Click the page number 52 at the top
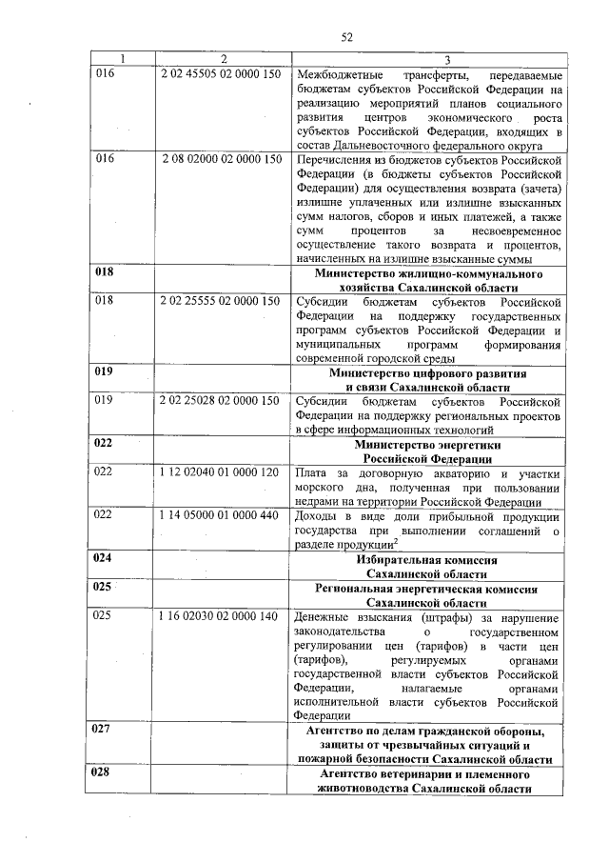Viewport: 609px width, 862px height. tap(346, 37)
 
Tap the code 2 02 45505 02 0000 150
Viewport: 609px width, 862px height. tap(221, 74)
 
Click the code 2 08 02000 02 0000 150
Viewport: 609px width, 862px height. tap(221, 159)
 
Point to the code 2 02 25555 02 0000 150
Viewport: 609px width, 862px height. tap(221, 300)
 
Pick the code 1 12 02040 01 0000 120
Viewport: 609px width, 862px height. tap(221, 472)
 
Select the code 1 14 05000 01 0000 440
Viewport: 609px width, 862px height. tap(221, 515)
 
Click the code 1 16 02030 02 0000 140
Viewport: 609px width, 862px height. tap(221, 616)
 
